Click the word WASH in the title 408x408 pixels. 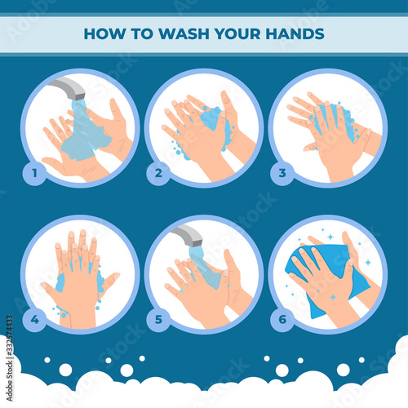pos(184,33)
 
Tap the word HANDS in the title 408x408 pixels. pos(295,33)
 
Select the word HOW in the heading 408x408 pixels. pos(105,33)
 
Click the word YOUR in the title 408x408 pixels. pos(237,33)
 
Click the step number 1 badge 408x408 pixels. pos(34,173)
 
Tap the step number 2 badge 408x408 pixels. pos(158,173)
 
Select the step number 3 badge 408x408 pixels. pos(282,173)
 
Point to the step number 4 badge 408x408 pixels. pos(34,319)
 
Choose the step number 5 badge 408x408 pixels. pos(158,319)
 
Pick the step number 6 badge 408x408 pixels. pos(282,319)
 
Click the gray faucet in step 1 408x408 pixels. pos(69,87)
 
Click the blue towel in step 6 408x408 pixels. pos(326,275)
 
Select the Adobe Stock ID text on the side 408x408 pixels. pos(10,358)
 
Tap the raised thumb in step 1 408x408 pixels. pos(116,109)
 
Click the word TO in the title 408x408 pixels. pos(143,33)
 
